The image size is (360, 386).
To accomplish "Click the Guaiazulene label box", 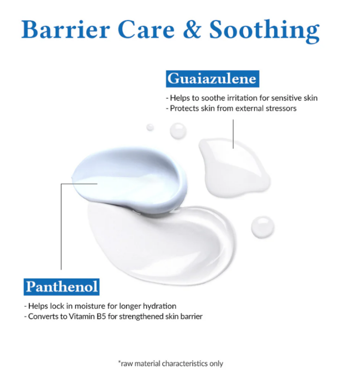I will tap(212, 79).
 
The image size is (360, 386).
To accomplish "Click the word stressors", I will tap(281, 109).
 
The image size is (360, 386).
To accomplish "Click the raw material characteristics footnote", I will tap(171, 363).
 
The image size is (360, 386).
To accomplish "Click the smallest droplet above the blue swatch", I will tap(150, 127).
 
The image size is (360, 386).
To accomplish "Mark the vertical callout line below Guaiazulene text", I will tap(233, 134).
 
